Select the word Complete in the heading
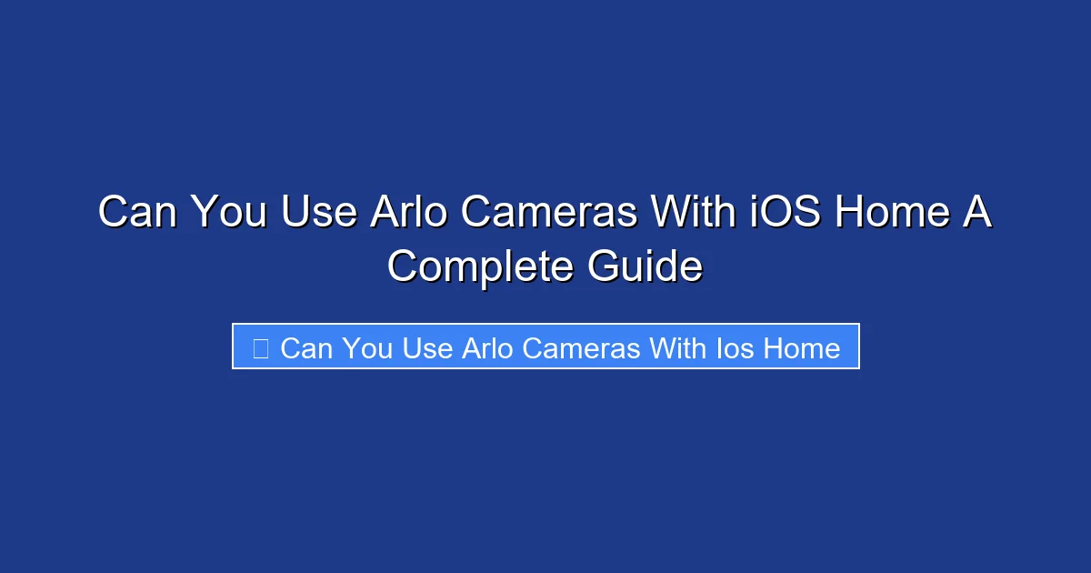tap(480, 267)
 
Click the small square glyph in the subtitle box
tap(260, 348)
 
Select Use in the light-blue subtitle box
tap(427, 348)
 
